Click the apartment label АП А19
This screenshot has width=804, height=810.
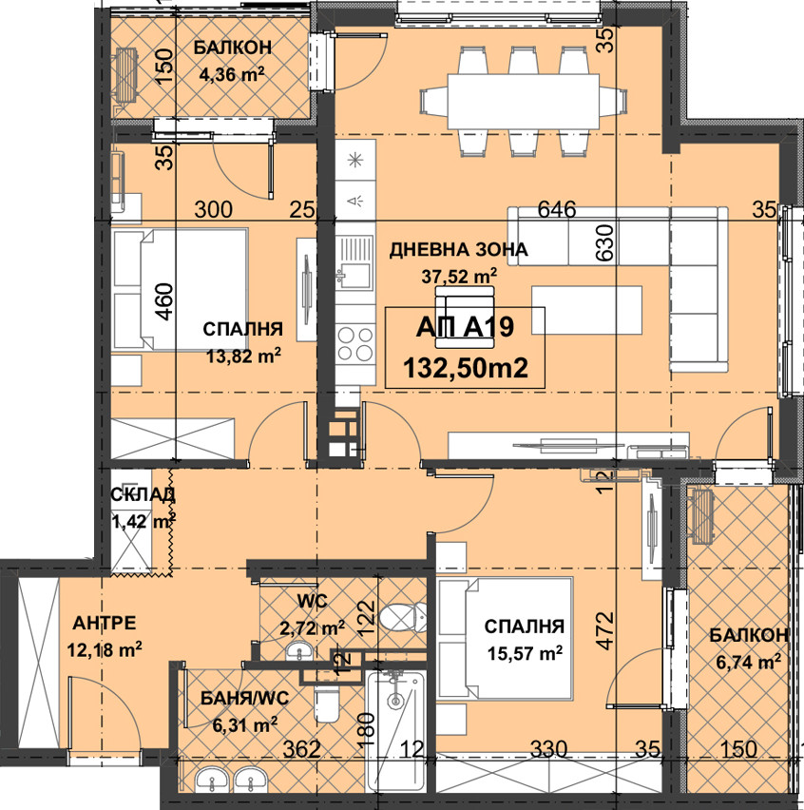465,327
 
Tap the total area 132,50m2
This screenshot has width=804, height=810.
466,368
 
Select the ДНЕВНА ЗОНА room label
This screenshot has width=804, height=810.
458,250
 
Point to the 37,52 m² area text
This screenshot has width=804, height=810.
459,277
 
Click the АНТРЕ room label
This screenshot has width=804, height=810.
105,623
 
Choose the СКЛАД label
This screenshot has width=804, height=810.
144,495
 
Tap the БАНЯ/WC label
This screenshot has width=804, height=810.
245,699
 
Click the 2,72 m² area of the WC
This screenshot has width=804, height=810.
312,628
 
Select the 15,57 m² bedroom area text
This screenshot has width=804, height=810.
525,653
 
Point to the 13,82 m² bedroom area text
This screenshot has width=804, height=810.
243,355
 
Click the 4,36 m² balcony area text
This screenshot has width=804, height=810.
232,74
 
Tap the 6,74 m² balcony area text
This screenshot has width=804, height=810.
748,662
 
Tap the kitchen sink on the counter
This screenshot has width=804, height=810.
354,261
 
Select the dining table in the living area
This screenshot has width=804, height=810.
523,101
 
